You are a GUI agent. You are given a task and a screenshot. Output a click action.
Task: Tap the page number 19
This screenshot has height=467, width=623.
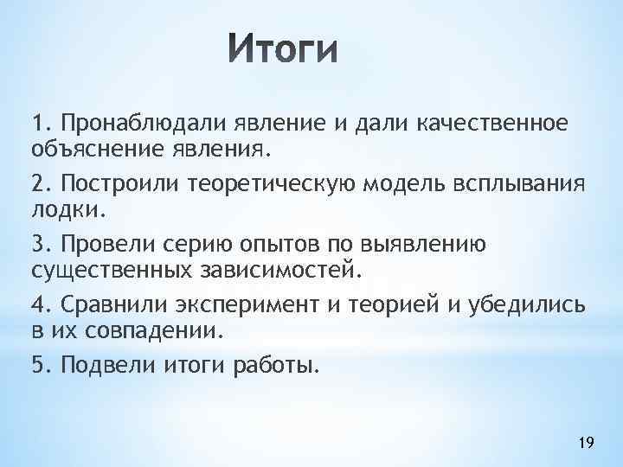585,444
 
